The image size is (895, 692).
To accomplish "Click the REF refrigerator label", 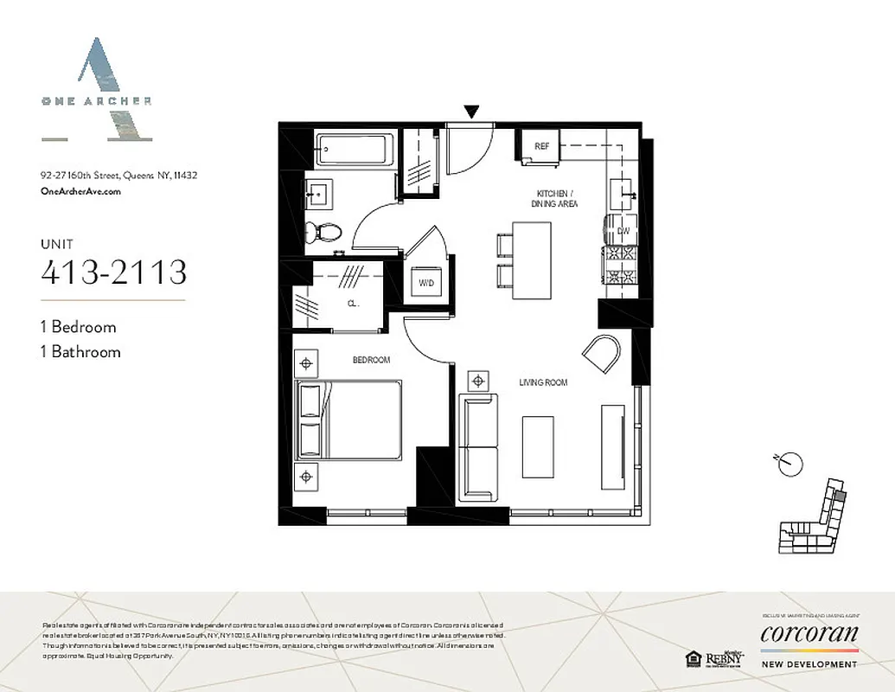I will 542,146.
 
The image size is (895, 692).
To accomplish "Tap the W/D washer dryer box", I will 425,283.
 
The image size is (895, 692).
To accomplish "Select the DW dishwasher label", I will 623,231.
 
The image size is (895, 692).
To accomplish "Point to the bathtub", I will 355,149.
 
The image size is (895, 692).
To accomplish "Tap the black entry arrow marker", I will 471,111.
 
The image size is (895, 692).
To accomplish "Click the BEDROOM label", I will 371,360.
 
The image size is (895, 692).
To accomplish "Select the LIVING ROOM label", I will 543,382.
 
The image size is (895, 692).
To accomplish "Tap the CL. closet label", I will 353,304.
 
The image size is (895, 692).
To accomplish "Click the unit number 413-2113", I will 114,272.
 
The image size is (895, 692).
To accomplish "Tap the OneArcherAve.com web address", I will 80,192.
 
